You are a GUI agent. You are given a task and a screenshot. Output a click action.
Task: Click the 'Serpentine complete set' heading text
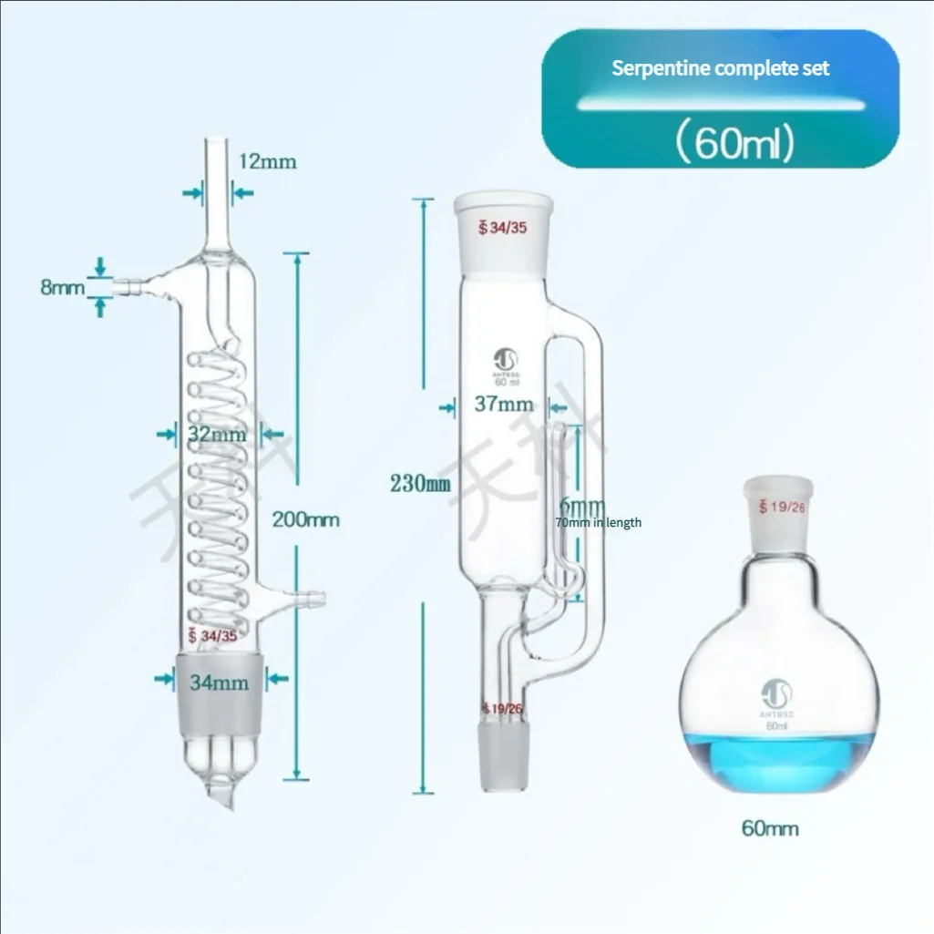pyautogui.click(x=720, y=68)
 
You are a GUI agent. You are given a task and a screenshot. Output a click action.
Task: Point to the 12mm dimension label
pyautogui.click(x=268, y=162)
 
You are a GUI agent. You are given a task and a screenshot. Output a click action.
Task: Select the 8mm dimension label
pyautogui.click(x=59, y=287)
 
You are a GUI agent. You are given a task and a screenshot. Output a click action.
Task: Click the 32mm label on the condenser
pyautogui.click(x=216, y=435)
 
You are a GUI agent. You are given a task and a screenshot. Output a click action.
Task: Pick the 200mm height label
pyautogui.click(x=306, y=520)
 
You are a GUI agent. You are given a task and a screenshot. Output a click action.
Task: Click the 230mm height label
pyautogui.click(x=421, y=484)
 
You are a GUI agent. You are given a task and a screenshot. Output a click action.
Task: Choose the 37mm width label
pyautogui.click(x=504, y=404)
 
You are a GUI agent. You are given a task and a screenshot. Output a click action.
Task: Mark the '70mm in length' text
pyautogui.click(x=598, y=522)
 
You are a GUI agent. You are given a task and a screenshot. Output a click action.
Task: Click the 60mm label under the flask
pyautogui.click(x=770, y=828)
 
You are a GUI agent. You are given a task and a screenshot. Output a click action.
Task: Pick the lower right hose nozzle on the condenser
pyautogui.click(x=313, y=599)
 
